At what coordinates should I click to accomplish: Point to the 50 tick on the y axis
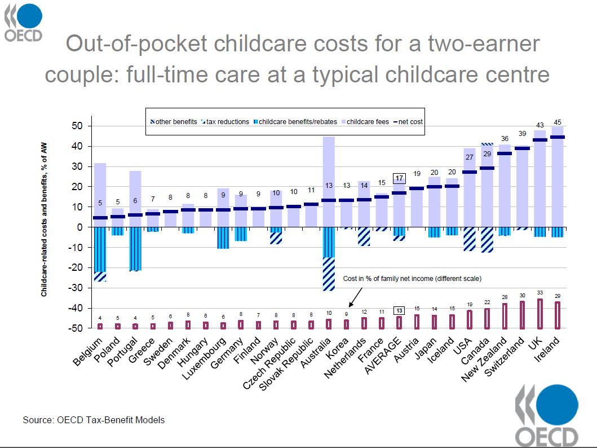pos(78,126)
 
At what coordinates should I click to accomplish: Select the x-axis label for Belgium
pos(87,351)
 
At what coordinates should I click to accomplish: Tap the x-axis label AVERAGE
pos(383,355)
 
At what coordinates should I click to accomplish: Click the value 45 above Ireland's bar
pos(558,121)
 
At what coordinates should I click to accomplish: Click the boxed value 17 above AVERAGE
pos(400,178)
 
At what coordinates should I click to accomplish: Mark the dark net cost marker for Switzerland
pos(523,148)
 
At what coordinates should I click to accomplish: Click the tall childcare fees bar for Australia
pos(328,169)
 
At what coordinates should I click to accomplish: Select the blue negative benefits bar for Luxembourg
pos(223,238)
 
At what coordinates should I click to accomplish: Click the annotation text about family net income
pos(412,279)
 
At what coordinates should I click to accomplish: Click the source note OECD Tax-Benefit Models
pos(94,420)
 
